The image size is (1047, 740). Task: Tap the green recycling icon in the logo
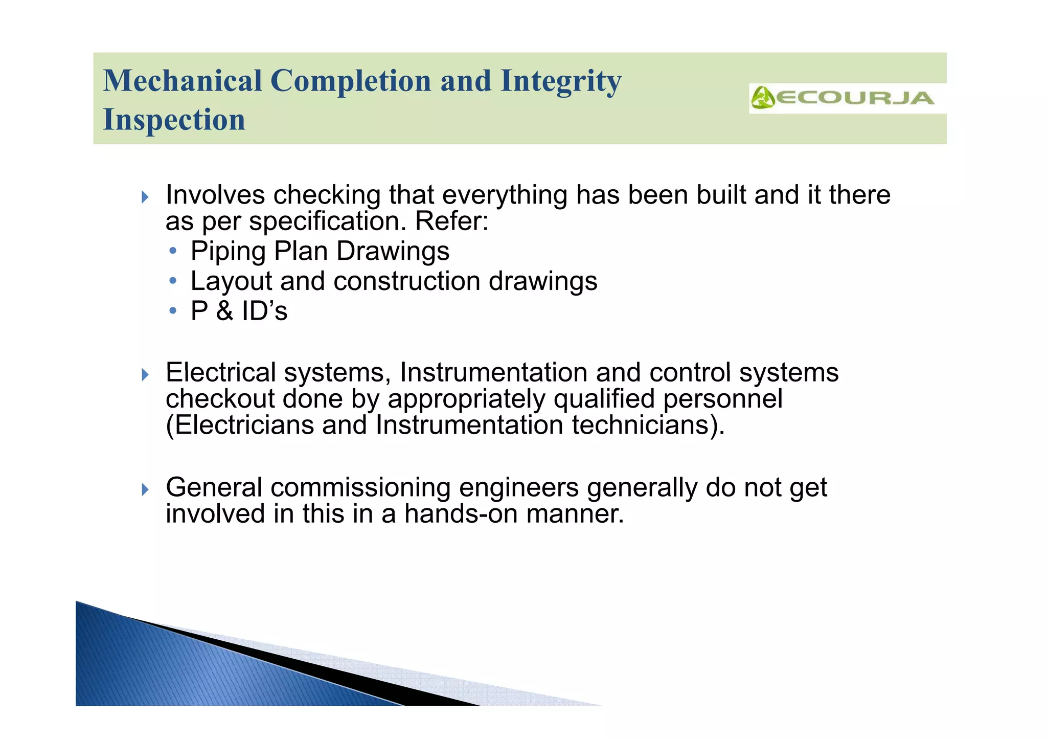click(763, 98)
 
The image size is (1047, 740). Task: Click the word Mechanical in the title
click(183, 81)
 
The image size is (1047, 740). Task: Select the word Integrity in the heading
click(561, 82)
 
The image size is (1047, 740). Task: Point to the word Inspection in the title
click(174, 120)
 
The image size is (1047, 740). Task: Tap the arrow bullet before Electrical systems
click(145, 375)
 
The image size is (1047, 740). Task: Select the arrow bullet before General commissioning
click(145, 489)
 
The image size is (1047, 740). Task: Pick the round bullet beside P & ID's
click(173, 311)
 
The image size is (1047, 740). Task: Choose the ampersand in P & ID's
click(224, 311)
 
